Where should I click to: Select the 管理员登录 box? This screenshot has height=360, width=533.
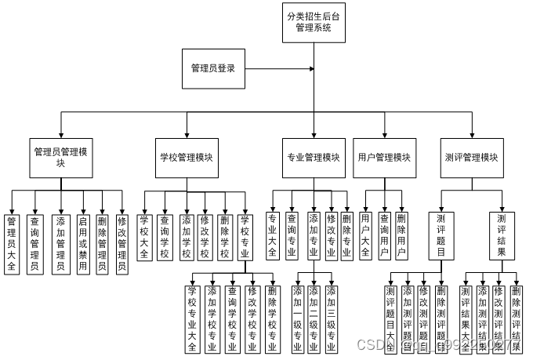tap(212, 68)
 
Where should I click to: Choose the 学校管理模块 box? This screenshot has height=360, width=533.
tap(186, 157)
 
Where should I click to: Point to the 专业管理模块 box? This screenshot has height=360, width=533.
tap(313, 157)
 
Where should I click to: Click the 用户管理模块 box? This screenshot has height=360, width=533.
tap(384, 157)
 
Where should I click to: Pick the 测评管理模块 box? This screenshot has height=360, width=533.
tap(473, 157)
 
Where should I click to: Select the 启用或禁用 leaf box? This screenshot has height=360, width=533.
tap(82, 243)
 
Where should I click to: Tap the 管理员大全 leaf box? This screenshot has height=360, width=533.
tap(11, 243)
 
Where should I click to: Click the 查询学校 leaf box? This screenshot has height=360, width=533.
tap(165, 236)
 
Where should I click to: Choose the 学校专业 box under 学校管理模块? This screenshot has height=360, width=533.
tap(245, 236)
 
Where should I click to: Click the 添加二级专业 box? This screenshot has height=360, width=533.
tap(314, 318)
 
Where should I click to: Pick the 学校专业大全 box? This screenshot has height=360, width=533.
tap(192, 318)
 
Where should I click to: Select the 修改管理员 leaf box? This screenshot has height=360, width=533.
tap(121, 243)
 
